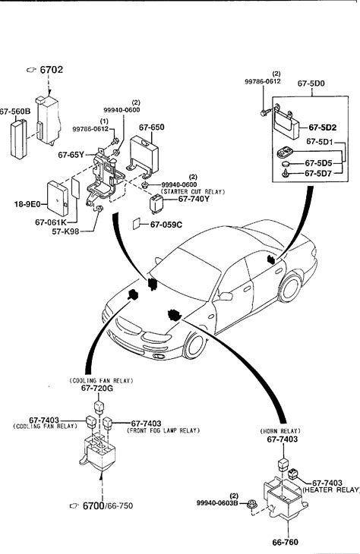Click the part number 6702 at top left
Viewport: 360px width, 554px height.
[x=52, y=70]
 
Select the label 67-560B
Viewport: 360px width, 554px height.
[x=15, y=112]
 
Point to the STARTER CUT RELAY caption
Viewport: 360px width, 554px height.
[x=193, y=192]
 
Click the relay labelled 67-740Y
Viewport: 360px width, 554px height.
[x=156, y=203]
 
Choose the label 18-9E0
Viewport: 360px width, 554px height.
[x=27, y=204]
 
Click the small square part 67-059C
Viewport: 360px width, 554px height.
[x=136, y=224]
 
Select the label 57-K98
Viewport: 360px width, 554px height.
[x=65, y=231]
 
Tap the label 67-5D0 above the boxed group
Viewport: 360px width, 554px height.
[x=311, y=83]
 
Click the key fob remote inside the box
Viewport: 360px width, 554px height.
[x=285, y=153]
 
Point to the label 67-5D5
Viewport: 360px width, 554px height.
[x=318, y=163]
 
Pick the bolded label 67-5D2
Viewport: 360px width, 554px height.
[x=323, y=127]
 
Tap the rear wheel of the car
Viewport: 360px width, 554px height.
[x=290, y=288]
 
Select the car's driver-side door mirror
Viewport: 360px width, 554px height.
[x=225, y=297]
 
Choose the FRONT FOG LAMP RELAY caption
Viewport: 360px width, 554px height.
[x=163, y=431]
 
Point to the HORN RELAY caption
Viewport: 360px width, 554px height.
[x=280, y=431]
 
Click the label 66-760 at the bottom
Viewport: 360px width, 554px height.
[x=285, y=543]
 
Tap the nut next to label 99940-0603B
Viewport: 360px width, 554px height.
[x=251, y=503]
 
